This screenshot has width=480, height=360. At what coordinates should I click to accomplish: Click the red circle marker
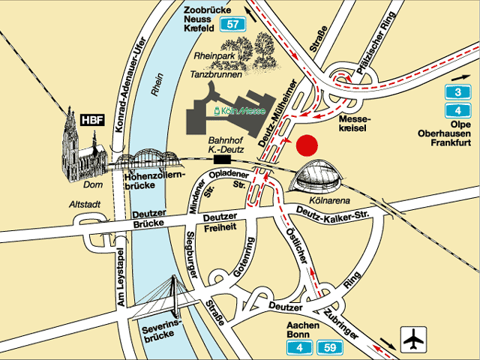(x=307, y=145)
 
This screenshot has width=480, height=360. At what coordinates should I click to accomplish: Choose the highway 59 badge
(x=330, y=346)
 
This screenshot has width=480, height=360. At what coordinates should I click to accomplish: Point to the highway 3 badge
(x=452, y=93)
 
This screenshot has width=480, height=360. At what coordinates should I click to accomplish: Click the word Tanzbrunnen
(x=215, y=74)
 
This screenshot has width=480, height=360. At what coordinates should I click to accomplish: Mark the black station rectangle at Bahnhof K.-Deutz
(x=223, y=158)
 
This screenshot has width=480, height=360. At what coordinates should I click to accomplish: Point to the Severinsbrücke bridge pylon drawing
(x=176, y=296)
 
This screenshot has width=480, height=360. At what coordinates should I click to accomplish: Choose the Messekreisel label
(x=355, y=124)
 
